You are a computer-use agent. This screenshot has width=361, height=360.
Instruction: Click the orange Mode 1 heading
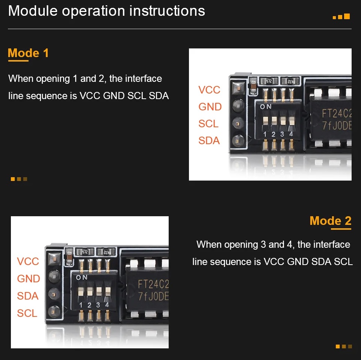coord(28,53)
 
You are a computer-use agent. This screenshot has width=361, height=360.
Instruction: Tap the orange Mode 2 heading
coord(330,221)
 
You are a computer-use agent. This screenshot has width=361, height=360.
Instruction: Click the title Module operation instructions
coord(106,11)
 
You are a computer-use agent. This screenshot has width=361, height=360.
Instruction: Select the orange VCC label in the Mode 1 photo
coord(209,90)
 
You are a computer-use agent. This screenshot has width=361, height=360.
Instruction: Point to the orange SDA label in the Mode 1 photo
coord(209,140)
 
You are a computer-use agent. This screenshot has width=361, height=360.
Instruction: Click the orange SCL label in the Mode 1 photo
coord(208,124)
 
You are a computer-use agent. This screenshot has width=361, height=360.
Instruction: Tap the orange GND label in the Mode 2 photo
coord(29,279)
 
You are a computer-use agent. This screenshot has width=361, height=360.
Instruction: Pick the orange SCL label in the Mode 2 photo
coord(27,313)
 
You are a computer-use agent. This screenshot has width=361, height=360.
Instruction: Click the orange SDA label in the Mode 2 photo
coord(28,296)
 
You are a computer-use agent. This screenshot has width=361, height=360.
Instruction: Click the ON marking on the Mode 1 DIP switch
coord(266,107)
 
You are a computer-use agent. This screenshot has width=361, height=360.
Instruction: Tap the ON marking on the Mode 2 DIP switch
coord(82,277)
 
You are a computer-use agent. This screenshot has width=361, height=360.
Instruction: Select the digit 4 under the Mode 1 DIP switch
coord(291,134)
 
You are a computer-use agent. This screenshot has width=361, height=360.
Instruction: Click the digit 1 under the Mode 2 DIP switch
coord(81,305)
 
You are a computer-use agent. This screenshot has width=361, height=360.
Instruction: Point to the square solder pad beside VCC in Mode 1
coord(238,87)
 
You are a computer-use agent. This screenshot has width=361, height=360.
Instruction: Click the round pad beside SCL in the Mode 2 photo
coord(54,312)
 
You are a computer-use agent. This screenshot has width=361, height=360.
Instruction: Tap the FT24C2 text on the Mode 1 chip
coord(337,113)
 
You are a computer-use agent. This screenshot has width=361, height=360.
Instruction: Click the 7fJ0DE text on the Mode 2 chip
coord(153,296)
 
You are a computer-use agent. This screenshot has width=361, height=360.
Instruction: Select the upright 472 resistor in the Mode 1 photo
coord(269,81)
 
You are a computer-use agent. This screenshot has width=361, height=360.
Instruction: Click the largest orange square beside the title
coord(347,16)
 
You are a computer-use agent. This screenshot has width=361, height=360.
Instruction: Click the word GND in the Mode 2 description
coord(298,262)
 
